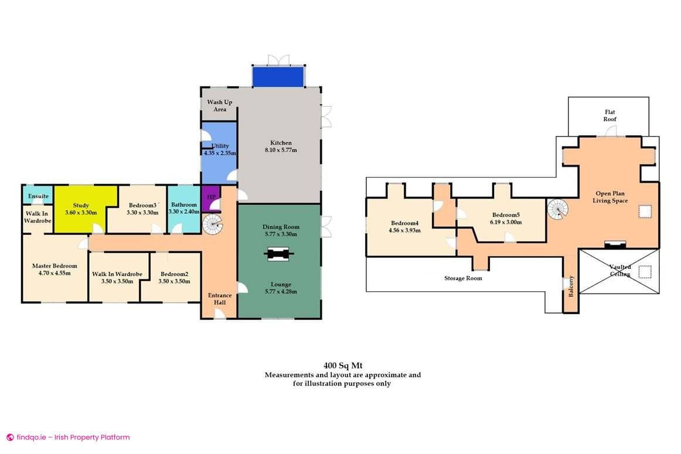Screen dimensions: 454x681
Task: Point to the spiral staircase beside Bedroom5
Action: [x=558, y=208]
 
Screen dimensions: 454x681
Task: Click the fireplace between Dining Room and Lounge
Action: [x=279, y=255]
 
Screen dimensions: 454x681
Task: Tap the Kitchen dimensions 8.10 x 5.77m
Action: [x=281, y=151]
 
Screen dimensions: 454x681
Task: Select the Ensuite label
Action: [x=38, y=196]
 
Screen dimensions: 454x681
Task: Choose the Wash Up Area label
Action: [x=220, y=105]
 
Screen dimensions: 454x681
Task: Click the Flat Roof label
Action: [x=610, y=115]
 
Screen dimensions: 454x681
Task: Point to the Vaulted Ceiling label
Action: [x=620, y=271]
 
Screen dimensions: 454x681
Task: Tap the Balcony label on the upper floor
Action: [x=571, y=286]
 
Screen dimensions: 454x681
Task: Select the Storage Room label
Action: [x=463, y=278]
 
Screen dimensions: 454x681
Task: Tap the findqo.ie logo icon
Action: [x=10, y=437]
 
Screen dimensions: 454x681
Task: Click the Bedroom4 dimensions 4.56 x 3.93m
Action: [x=405, y=230]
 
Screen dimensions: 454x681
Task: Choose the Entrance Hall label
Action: [x=220, y=299]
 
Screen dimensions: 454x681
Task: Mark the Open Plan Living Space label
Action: [x=612, y=197]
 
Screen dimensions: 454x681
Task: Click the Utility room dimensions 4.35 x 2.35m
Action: [x=220, y=153]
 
